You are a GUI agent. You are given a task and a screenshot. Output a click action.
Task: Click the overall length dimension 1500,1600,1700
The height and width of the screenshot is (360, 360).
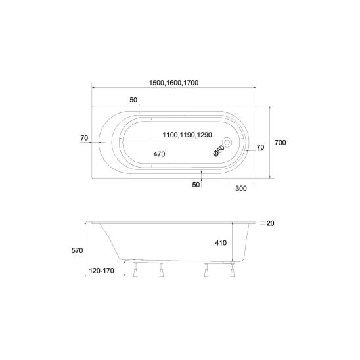click(x=173, y=83)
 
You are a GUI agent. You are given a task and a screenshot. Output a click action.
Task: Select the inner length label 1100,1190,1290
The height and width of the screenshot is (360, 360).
click(x=187, y=135)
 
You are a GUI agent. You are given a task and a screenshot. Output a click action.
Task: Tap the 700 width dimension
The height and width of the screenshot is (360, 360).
click(x=280, y=143)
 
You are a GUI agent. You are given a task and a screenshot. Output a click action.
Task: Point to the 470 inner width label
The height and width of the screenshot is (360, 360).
click(x=159, y=154)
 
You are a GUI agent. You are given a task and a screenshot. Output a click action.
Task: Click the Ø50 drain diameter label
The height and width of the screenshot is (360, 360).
click(x=219, y=151)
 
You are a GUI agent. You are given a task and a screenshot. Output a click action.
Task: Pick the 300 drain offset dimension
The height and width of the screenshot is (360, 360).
click(x=241, y=189)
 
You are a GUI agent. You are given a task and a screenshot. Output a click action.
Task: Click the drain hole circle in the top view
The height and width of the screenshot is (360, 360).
click(x=227, y=143)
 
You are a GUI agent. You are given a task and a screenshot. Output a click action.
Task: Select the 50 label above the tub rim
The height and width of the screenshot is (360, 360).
click(x=133, y=100)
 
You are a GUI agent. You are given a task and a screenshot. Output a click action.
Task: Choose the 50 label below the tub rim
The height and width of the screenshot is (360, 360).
click(x=196, y=185)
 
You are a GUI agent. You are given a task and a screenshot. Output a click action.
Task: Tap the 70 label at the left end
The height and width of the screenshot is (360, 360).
click(x=84, y=138)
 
